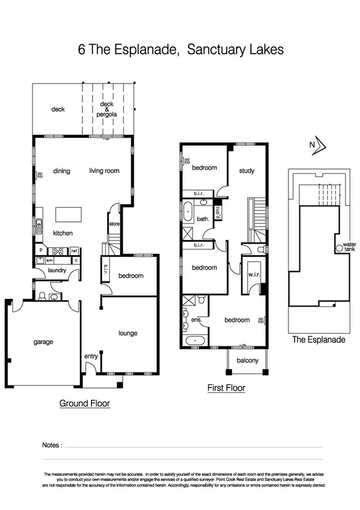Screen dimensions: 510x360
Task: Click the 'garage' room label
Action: (43, 342)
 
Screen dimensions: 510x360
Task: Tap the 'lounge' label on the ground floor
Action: (128, 333)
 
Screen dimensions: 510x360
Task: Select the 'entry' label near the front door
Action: (91, 357)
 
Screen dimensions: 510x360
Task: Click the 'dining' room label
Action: (61, 171)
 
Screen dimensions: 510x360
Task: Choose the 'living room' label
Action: (105, 171)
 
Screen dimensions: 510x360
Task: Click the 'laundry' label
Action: (57, 271)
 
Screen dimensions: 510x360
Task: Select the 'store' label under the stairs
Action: (114, 224)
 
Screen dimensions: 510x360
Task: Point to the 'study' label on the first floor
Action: (246, 171)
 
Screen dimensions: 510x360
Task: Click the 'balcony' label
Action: (247, 361)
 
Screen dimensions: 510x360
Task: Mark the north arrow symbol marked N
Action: (318, 144)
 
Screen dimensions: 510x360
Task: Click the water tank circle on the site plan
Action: (339, 248)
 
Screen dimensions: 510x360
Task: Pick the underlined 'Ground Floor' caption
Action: (84, 404)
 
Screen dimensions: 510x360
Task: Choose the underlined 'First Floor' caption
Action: (226, 389)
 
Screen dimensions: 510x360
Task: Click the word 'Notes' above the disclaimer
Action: (52, 445)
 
